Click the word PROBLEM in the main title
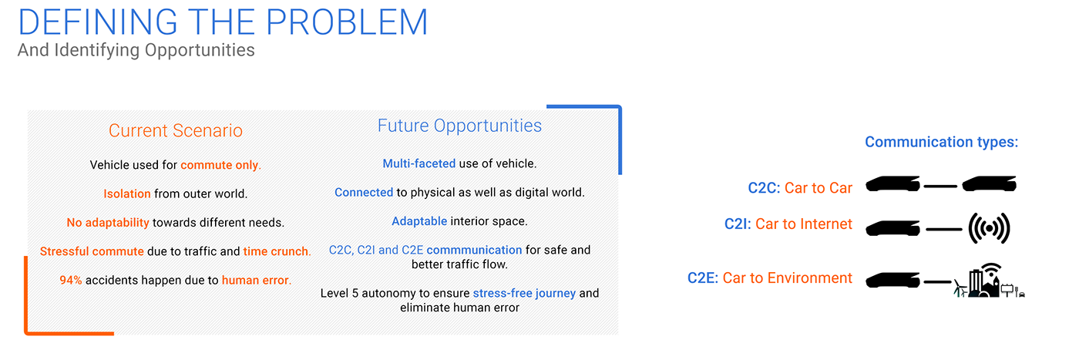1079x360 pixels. coord(346,22)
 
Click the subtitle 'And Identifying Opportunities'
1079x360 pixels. coord(136,51)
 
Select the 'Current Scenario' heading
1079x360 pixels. coord(176,130)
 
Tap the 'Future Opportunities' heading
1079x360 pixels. coord(459,126)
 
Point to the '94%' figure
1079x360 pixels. coord(71,280)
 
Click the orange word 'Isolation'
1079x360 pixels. coord(127,193)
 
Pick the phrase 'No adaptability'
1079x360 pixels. coord(108,223)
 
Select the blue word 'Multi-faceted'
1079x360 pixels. coord(419,163)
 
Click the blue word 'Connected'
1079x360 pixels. coord(364,192)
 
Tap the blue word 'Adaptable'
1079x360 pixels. coord(419,221)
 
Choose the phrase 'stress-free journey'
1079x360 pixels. coord(524,293)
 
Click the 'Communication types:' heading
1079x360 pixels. coord(942,142)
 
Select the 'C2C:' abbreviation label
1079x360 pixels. coord(764,188)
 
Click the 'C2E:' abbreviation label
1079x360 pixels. coord(703,278)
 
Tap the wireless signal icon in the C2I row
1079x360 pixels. coord(989,228)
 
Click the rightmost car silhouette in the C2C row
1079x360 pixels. coord(990,183)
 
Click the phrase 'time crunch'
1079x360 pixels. coord(276,251)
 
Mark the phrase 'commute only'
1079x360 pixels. coord(220,165)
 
